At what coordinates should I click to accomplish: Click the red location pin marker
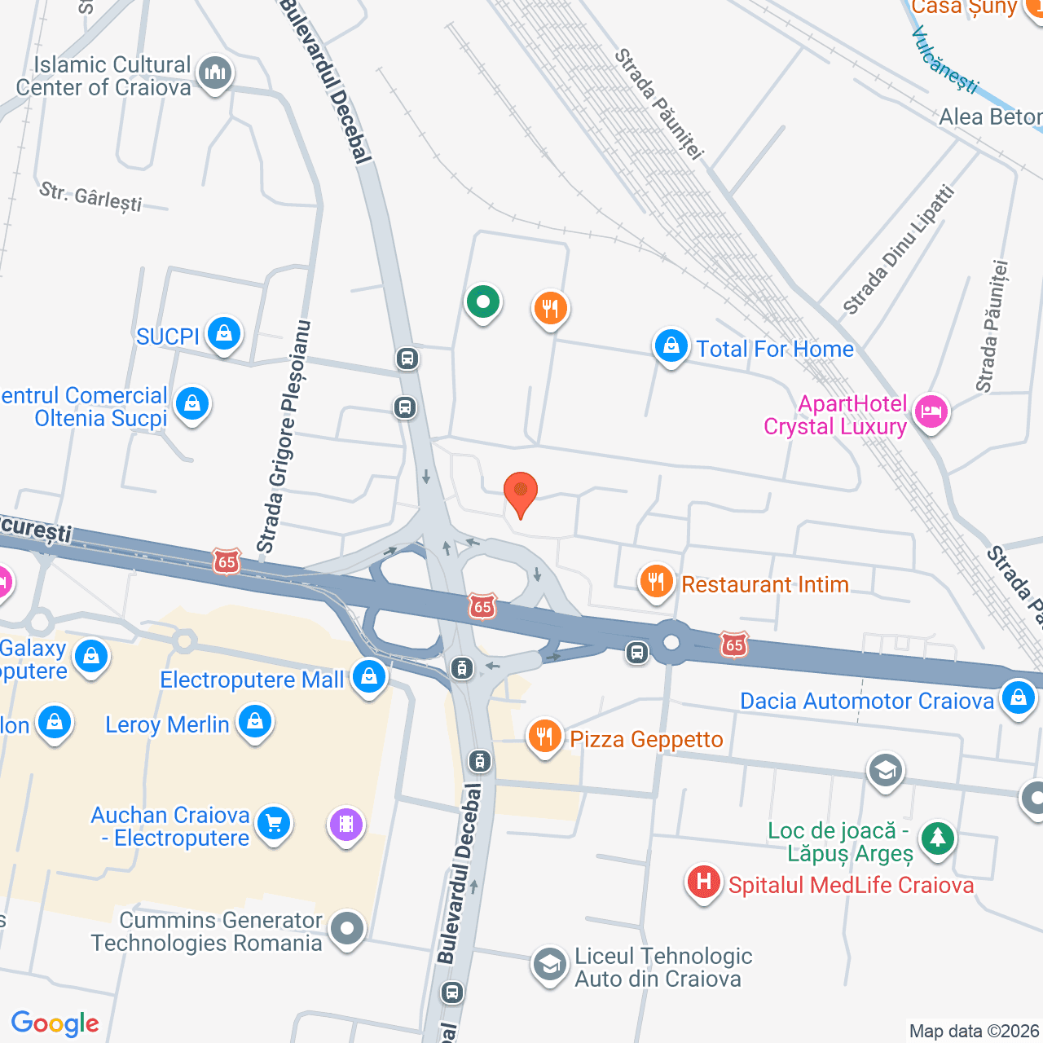(x=520, y=491)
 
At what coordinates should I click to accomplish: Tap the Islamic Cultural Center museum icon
(x=215, y=73)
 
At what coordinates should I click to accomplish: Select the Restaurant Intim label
(x=764, y=584)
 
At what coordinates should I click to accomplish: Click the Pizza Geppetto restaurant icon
(x=544, y=737)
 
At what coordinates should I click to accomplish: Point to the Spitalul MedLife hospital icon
(x=703, y=882)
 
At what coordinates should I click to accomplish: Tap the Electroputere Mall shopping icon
(x=369, y=676)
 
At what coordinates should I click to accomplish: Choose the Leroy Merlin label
(x=167, y=724)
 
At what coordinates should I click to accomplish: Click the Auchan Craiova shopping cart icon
(x=274, y=823)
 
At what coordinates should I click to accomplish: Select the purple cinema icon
(x=346, y=824)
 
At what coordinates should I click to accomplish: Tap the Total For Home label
(x=774, y=349)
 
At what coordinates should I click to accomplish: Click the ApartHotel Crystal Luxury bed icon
(x=931, y=411)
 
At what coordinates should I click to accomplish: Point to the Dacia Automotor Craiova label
(x=866, y=701)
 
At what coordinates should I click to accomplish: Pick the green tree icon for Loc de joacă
(x=937, y=837)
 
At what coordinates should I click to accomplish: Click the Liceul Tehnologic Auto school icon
(x=550, y=965)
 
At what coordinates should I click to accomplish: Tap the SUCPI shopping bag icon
(x=223, y=332)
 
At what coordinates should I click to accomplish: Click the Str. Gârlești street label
(x=90, y=196)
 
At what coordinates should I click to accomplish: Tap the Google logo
(x=55, y=1023)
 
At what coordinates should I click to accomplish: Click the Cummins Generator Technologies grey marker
(x=348, y=928)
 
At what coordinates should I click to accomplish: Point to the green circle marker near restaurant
(x=483, y=301)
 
